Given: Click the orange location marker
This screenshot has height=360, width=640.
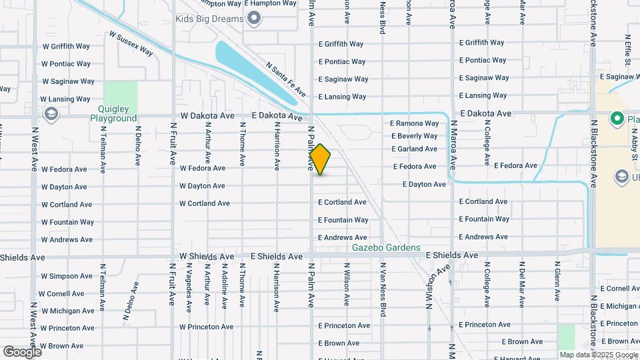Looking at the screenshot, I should coord(320,159).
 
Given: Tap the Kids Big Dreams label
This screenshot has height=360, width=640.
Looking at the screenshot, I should coord(209,19).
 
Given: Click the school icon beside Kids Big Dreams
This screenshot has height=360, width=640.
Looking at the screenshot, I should coord(254,19).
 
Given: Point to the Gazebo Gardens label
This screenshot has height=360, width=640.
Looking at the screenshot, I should coord(387,248).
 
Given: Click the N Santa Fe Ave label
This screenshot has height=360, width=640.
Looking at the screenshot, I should coord(285,79).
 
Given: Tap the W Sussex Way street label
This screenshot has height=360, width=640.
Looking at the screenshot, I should coord(131,43).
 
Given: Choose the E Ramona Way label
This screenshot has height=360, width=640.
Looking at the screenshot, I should coord(414,123).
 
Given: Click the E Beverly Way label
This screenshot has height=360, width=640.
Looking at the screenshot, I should coord(414,136).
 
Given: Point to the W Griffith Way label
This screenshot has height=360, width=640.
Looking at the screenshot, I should coord(66,47).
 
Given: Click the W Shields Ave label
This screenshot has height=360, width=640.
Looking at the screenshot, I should coord(207,257).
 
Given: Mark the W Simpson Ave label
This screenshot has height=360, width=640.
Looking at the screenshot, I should coord(67,276).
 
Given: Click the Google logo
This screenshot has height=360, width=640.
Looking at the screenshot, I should coord(22,351).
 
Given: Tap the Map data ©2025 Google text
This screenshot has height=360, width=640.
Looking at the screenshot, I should coord(598,355).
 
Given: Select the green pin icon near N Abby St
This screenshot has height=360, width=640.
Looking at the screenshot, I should coord(617,120).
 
